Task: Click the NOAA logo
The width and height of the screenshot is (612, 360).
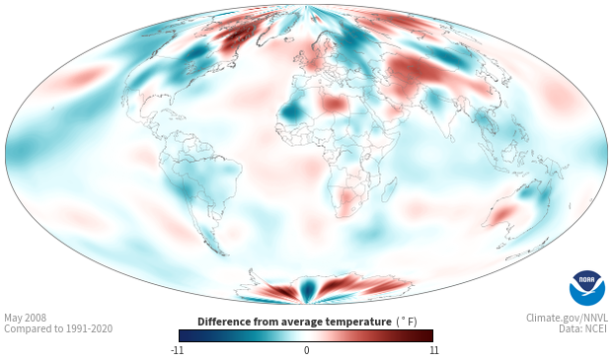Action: coord(587,288)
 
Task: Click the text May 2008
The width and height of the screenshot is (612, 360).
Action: coord(25,318)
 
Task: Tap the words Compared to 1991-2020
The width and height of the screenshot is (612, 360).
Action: coord(58,328)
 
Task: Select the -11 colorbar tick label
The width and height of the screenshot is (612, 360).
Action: coord(178,350)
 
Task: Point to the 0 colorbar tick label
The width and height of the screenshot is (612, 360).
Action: coord(306,350)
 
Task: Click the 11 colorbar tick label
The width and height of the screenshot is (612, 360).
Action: coord(434,350)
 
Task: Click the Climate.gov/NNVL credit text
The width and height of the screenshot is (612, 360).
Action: coord(567,318)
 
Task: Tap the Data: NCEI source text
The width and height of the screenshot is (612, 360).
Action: coord(583,328)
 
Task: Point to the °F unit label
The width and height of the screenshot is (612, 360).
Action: coord(407,322)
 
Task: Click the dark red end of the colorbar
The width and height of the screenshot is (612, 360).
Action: coord(428,335)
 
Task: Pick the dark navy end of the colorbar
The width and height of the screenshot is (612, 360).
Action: coord(184,335)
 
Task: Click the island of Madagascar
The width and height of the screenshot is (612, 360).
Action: coord(389,189)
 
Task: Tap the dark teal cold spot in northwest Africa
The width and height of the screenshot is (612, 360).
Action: coord(289,112)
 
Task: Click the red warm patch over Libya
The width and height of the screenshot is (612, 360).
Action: coord(334,104)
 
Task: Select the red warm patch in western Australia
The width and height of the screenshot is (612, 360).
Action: coord(501,214)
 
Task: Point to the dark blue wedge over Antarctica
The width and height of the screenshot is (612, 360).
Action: coord(308,289)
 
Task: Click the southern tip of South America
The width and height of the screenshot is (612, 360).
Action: coord(222,253)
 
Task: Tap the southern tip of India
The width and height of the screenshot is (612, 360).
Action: coord(450,140)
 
